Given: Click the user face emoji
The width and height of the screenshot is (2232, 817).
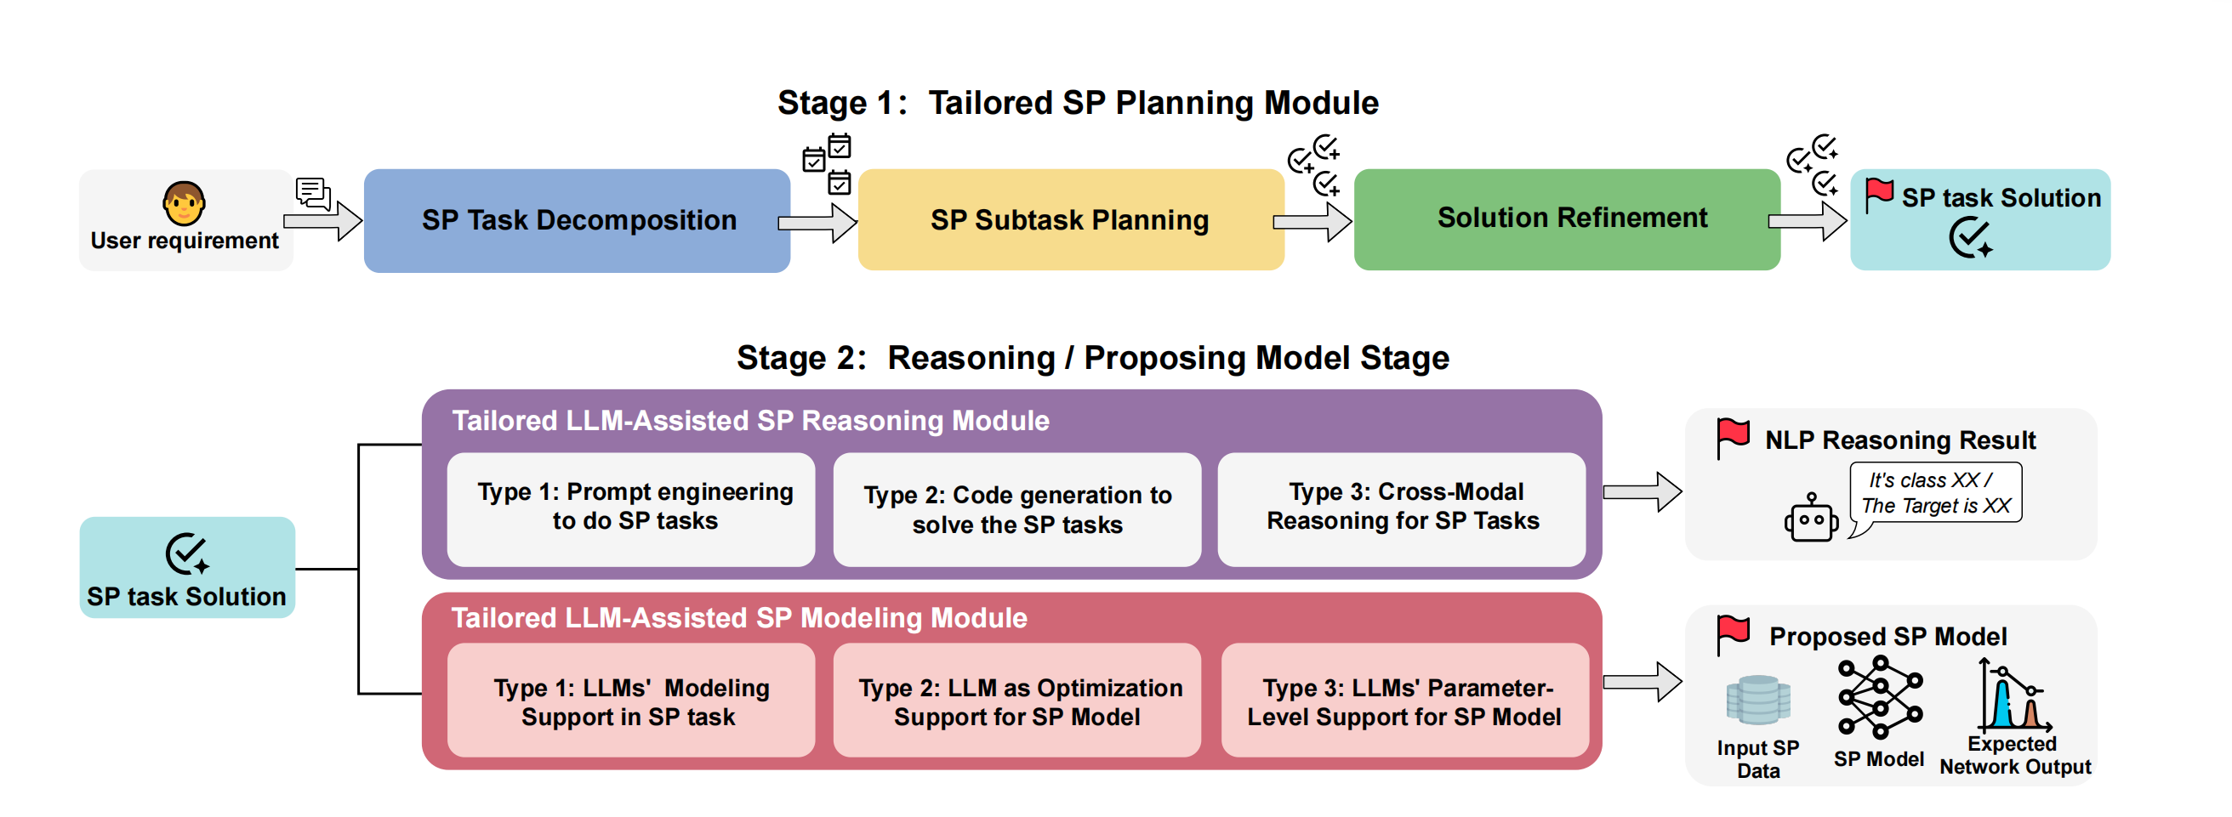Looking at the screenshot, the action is (184, 203).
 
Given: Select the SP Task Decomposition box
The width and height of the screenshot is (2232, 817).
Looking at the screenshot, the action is (577, 221).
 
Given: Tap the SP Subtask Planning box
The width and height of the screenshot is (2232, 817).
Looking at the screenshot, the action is (1071, 220).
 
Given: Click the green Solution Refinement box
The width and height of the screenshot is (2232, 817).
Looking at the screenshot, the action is (1567, 219).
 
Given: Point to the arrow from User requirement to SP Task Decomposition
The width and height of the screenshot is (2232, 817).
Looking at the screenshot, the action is (322, 221).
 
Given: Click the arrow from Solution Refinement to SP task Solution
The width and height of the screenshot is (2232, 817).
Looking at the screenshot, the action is (1808, 221).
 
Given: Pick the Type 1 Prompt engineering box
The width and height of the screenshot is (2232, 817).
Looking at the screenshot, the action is (631, 509).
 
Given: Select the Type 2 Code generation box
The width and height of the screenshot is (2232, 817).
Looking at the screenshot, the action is (1017, 509).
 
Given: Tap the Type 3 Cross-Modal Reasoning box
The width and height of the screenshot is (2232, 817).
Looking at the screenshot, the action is (1402, 509).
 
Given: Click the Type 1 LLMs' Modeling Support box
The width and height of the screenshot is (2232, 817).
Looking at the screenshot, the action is (631, 700).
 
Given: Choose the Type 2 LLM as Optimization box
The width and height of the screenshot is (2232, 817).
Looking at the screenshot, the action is (1017, 700).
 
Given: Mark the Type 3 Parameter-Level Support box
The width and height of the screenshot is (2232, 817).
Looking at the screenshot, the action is (1404, 700).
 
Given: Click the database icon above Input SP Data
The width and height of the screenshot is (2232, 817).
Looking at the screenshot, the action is (1758, 699).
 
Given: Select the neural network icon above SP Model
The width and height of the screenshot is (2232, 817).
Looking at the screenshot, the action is (1880, 697).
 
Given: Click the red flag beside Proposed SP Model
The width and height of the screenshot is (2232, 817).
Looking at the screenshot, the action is (1734, 635).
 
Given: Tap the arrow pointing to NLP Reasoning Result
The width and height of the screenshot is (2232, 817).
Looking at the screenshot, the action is (1643, 492).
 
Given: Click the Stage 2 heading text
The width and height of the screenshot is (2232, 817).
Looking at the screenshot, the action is (1092, 358).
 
